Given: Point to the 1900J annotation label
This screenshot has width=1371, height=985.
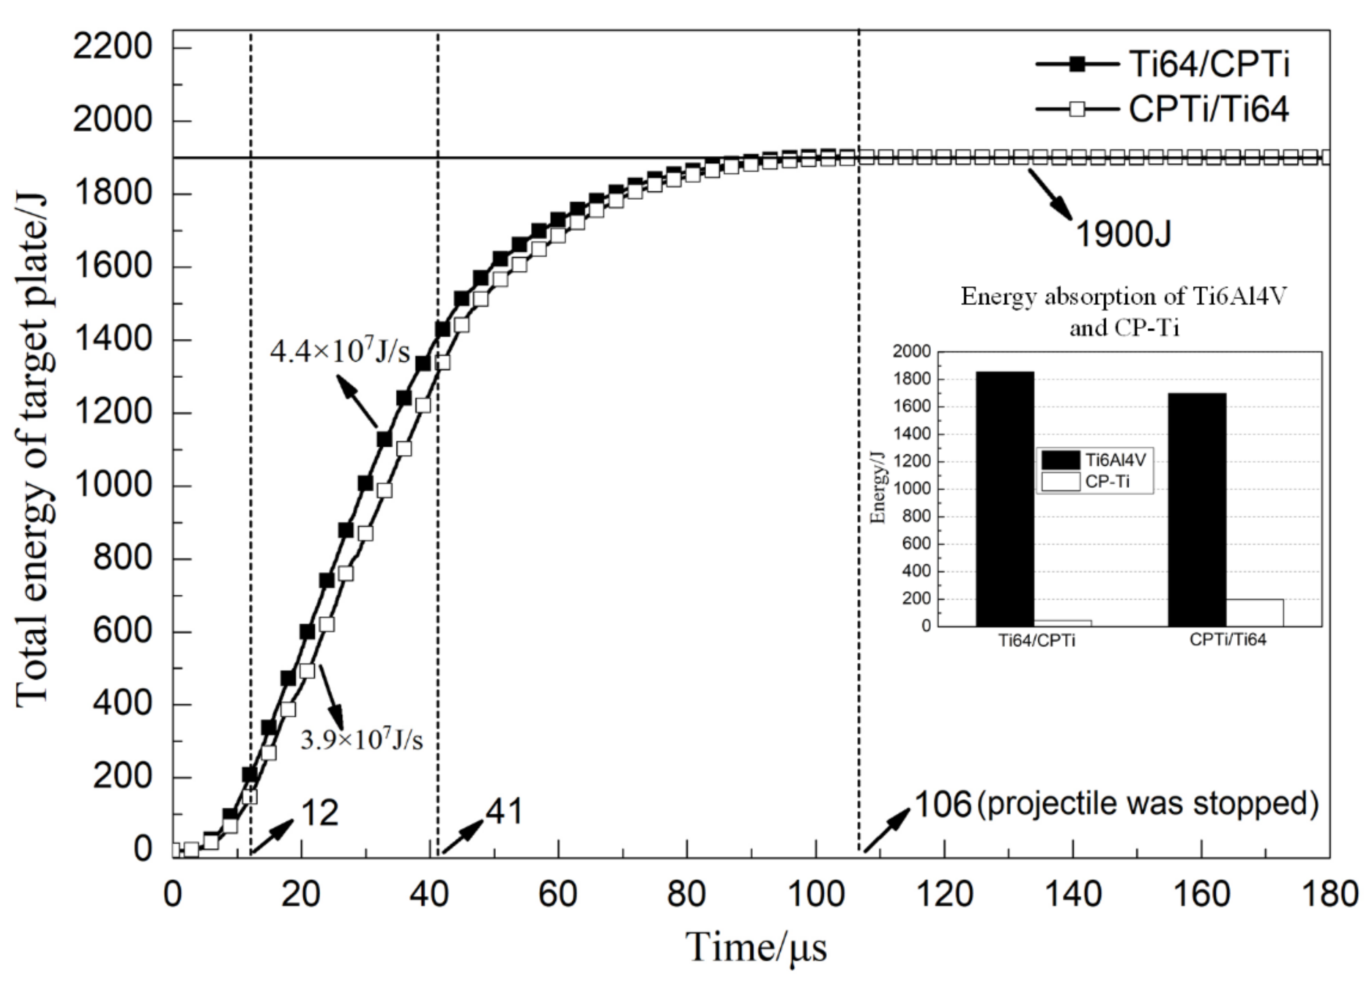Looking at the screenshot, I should pos(1123,234).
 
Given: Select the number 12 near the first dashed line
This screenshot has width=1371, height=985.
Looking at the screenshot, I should pos(319,813).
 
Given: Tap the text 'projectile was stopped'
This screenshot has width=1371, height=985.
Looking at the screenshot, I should pos(1147,804).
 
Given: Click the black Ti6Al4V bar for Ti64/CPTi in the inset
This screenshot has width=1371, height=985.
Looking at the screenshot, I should pos(1004,499).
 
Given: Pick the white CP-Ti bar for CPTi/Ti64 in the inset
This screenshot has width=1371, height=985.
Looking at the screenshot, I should pos(1254,612).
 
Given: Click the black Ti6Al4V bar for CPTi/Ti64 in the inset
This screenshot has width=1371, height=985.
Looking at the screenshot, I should pos(1197,510).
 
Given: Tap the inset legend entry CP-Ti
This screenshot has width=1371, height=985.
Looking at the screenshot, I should pos(1094,482).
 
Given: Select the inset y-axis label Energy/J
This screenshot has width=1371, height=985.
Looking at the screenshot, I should pos(878,489).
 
